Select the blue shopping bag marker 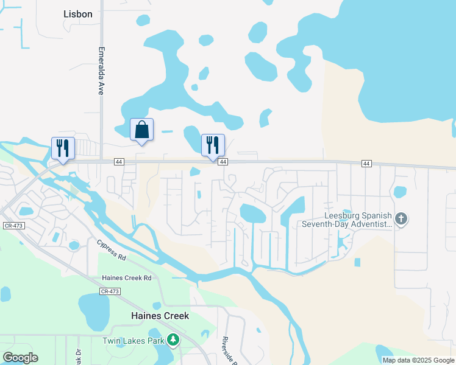point(142,130)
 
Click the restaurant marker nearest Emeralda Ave point(63,148)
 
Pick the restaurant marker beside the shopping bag point(213,145)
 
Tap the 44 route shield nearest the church point(366,164)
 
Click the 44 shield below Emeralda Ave point(118,162)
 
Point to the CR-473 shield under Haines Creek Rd point(110,292)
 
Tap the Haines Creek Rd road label point(126,278)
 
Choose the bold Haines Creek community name point(160,316)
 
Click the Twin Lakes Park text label point(133,341)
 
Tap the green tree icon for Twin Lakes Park point(174,339)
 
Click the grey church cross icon point(401,219)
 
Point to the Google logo point(20,358)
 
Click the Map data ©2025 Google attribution point(418,360)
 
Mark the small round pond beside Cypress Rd point(74,246)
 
